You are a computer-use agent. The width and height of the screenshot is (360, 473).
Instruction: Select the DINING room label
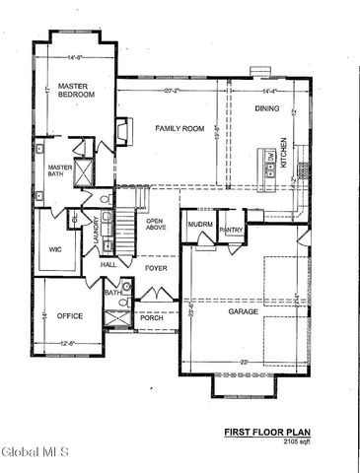[267, 107]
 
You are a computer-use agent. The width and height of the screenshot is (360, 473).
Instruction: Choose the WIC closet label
[56, 249]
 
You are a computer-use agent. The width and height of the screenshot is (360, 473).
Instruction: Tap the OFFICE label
[70, 316]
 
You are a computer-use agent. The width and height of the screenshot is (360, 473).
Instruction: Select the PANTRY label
[232, 230]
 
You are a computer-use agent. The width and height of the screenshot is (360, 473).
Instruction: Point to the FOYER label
[157, 267]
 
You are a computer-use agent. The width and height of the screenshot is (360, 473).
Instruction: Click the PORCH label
[152, 317]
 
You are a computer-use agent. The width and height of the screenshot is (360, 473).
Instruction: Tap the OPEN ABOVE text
[157, 226]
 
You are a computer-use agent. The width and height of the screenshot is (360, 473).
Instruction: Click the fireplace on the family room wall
[121, 131]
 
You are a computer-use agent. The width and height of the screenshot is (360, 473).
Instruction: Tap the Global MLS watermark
[36, 452]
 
